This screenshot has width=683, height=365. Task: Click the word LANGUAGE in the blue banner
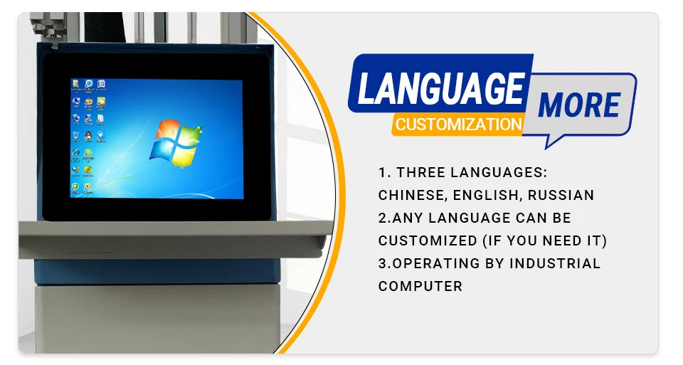[x=441, y=88]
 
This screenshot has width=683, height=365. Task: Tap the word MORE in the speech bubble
[x=579, y=105]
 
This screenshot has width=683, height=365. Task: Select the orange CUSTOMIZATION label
[x=459, y=125]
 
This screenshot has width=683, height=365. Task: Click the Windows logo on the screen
[x=176, y=143]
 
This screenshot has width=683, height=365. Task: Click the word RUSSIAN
[x=561, y=195]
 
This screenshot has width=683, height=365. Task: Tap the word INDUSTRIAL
[x=555, y=263]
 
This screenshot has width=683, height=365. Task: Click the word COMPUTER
[x=420, y=286]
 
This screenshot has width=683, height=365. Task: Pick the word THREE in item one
[x=420, y=172]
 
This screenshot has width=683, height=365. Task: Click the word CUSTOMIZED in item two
[x=428, y=240]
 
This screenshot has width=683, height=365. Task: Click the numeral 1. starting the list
[x=385, y=172]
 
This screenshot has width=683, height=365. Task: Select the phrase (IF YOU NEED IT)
[x=545, y=240]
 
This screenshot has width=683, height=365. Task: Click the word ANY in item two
[x=408, y=218]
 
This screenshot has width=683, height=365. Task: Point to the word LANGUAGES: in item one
[x=498, y=172]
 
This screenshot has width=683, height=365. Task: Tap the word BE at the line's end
[x=562, y=218]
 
